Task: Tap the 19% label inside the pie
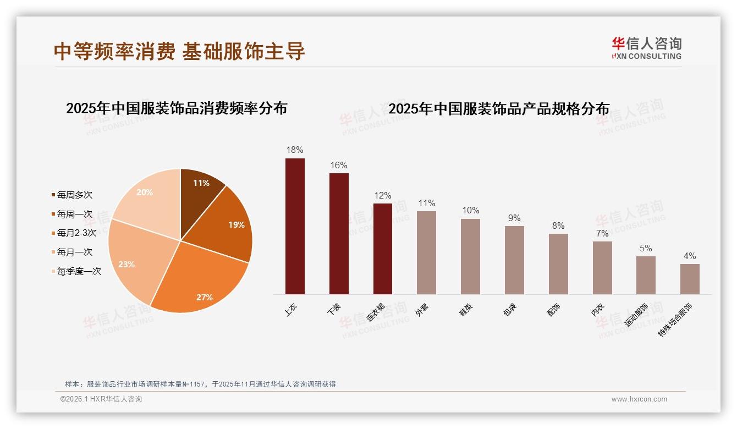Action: pyautogui.click(x=237, y=224)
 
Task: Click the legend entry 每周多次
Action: pyautogui.click(x=74, y=195)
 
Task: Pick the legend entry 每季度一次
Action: pyautogui.click(x=79, y=271)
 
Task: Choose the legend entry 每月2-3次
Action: pyautogui.click(x=76, y=233)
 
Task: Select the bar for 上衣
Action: pyautogui.click(x=295, y=226)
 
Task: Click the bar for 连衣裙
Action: pyautogui.click(x=383, y=249)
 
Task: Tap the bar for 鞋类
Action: pyautogui.click(x=470, y=256)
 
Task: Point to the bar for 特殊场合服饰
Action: pyautogui.click(x=690, y=279)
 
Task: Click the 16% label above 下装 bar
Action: pyautogui.click(x=339, y=165)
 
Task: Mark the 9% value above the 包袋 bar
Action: pyautogui.click(x=514, y=218)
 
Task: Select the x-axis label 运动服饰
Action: pyautogui.click(x=636, y=314)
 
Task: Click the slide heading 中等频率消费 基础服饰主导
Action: pyautogui.click(x=179, y=51)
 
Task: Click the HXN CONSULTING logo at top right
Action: pyautogui.click(x=646, y=48)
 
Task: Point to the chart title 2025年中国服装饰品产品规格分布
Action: pyautogui.click(x=499, y=108)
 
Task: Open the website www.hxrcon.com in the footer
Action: pyautogui.click(x=639, y=399)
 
